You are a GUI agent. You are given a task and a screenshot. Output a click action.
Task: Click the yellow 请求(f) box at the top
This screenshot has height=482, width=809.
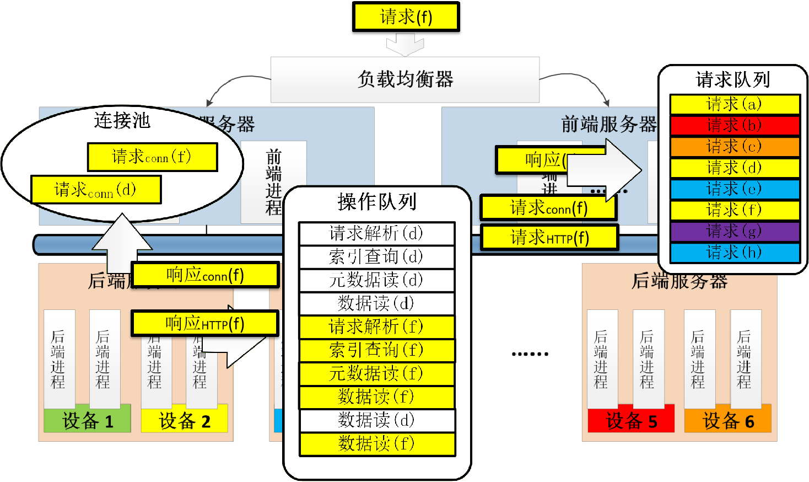[x=406, y=17]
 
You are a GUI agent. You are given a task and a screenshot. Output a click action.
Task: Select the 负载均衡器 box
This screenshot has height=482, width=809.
[x=404, y=79]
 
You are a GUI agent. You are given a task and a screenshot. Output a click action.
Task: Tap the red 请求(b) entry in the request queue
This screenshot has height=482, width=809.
[x=734, y=125]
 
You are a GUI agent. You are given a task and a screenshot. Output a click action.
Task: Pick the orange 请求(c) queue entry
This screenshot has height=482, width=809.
[x=734, y=147]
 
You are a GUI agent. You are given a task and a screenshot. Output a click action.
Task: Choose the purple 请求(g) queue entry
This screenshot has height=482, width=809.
[x=734, y=231]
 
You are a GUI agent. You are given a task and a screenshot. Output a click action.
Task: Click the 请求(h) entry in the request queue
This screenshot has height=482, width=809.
[x=734, y=253]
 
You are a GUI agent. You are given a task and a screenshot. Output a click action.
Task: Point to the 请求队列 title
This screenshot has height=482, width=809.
[x=732, y=80]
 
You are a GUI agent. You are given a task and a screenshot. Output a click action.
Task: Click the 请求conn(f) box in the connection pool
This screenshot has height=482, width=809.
[x=152, y=157]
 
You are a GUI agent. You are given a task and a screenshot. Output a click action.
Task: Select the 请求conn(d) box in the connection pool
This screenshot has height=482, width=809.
[x=96, y=190]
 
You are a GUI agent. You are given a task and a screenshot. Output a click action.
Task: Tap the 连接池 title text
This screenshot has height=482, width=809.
[x=122, y=120]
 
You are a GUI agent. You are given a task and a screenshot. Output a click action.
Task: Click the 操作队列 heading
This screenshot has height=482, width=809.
[x=377, y=202]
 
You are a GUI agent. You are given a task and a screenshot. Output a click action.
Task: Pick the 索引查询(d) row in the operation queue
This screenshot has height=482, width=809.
[x=376, y=256]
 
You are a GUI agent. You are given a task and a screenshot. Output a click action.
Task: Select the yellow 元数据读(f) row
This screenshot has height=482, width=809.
[x=376, y=374]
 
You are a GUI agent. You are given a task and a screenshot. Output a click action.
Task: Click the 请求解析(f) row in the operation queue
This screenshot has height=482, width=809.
[x=376, y=327]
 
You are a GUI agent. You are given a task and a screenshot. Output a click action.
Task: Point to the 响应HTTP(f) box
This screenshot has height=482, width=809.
[x=205, y=324]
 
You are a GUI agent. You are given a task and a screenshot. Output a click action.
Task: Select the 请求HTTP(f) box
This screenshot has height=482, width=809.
[x=549, y=238]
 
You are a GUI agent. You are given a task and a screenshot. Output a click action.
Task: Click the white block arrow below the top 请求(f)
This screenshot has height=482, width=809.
[x=405, y=44]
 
